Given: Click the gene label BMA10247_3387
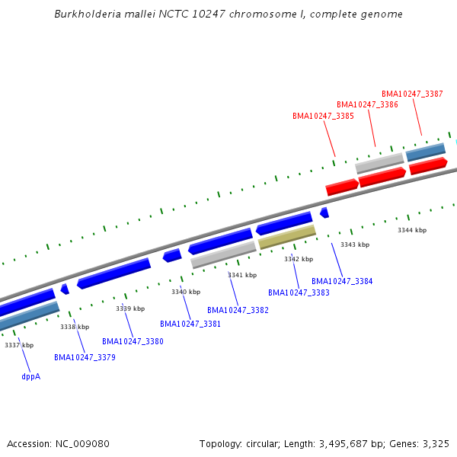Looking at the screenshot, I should (412, 94).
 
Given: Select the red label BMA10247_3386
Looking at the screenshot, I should (367, 105).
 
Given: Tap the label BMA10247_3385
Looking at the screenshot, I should (323, 117).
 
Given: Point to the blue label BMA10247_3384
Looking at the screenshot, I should (342, 282).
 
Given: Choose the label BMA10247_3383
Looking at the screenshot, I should (299, 292).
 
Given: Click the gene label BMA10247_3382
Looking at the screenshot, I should (238, 311).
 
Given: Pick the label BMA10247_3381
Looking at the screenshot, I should (190, 324).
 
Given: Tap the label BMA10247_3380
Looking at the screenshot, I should (133, 342).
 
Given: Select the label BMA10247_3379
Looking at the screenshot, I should (85, 358).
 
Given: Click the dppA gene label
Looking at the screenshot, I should (30, 376).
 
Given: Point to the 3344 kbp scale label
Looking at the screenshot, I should (412, 230).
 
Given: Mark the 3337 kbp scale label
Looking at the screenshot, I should (19, 346).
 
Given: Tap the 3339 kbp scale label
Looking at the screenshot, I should (130, 309).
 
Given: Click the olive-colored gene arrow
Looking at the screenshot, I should (287, 237).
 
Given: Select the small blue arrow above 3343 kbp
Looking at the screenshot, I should (324, 213).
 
